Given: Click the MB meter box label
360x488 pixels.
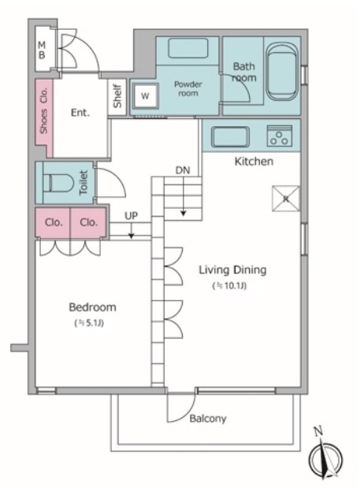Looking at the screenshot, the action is click(42, 50).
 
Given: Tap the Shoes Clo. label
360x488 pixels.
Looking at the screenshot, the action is click(44, 110).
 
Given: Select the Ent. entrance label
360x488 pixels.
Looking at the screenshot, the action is click(80, 113).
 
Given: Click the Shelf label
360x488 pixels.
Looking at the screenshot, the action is click(117, 96).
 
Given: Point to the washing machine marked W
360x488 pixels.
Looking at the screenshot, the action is click(145, 95).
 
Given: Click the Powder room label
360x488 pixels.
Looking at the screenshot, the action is click(188, 89).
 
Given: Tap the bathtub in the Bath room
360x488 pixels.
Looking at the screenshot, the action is click(282, 72).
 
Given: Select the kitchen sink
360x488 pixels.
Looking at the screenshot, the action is click(230, 137).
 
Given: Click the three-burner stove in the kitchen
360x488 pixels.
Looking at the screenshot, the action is click(280, 136).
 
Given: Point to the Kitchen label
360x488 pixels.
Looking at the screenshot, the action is click(254, 162).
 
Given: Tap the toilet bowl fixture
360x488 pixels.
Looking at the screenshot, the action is click(58, 182).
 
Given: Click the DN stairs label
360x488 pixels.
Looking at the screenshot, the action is click(183, 170).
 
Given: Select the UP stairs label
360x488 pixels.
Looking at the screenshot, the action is click(131, 216).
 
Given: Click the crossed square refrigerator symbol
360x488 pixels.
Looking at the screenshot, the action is click(286, 199).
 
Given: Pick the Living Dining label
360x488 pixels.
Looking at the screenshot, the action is click(232, 270).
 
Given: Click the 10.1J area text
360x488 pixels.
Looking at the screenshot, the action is click(229, 285).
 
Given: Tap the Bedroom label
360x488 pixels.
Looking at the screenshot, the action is click(93, 307).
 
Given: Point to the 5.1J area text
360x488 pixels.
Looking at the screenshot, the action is click(89, 323).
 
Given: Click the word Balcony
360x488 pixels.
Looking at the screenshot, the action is click(208, 419).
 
